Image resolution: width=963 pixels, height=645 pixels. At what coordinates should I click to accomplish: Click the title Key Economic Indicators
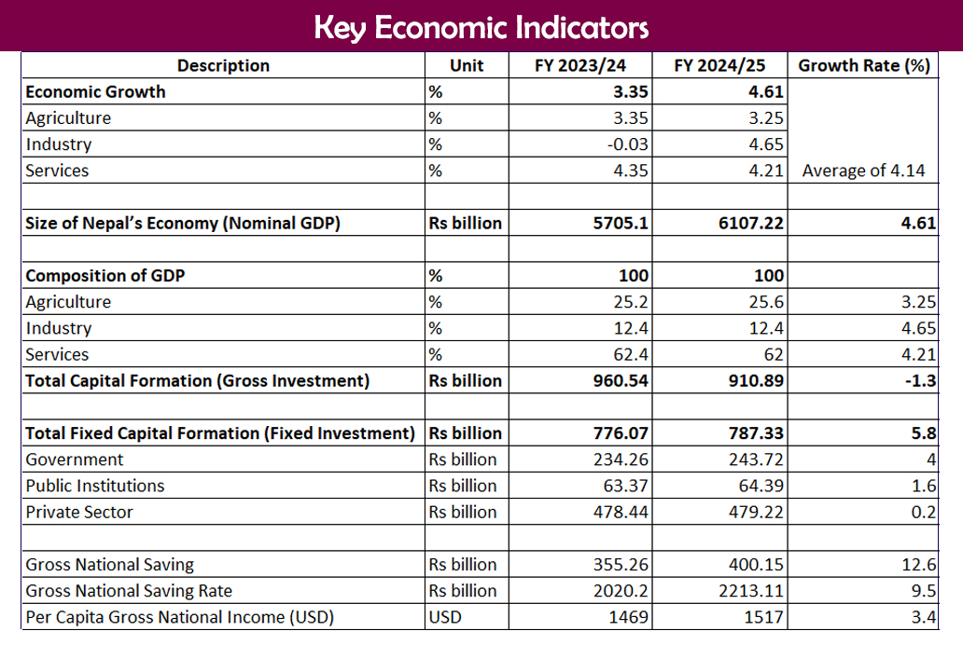click(x=481, y=26)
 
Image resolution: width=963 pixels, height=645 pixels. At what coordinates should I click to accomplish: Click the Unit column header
click(x=467, y=65)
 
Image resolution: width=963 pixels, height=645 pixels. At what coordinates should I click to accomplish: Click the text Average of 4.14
click(x=864, y=171)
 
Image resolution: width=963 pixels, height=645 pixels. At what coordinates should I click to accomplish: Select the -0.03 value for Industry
click(x=628, y=144)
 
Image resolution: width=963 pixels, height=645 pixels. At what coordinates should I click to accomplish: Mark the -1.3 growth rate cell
click(x=923, y=380)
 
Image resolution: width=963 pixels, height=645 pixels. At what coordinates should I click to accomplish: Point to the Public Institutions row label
click(x=95, y=486)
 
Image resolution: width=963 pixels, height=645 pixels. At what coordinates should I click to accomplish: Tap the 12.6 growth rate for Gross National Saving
click(x=921, y=565)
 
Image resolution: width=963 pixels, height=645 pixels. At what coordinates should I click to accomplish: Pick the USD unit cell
click(x=445, y=617)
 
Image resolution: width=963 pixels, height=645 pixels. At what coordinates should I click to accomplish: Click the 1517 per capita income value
click(x=765, y=617)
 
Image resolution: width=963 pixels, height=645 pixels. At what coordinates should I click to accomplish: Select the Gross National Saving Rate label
click(x=129, y=591)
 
